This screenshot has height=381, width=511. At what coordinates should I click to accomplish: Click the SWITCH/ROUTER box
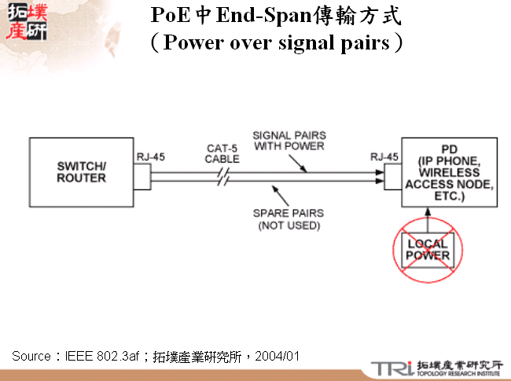click(x=81, y=172)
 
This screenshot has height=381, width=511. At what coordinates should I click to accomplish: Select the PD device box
click(x=449, y=172)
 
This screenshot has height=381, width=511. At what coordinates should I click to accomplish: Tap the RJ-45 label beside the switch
click(x=150, y=156)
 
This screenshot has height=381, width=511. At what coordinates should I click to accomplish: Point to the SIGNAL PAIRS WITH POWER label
click(x=289, y=140)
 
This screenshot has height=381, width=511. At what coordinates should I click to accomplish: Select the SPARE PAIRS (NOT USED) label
click(x=289, y=219)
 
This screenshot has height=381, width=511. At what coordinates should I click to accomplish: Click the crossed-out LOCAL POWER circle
click(x=428, y=250)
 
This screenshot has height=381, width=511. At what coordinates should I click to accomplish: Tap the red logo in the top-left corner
click(x=24, y=21)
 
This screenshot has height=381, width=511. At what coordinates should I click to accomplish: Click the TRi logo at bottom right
click(x=391, y=368)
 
